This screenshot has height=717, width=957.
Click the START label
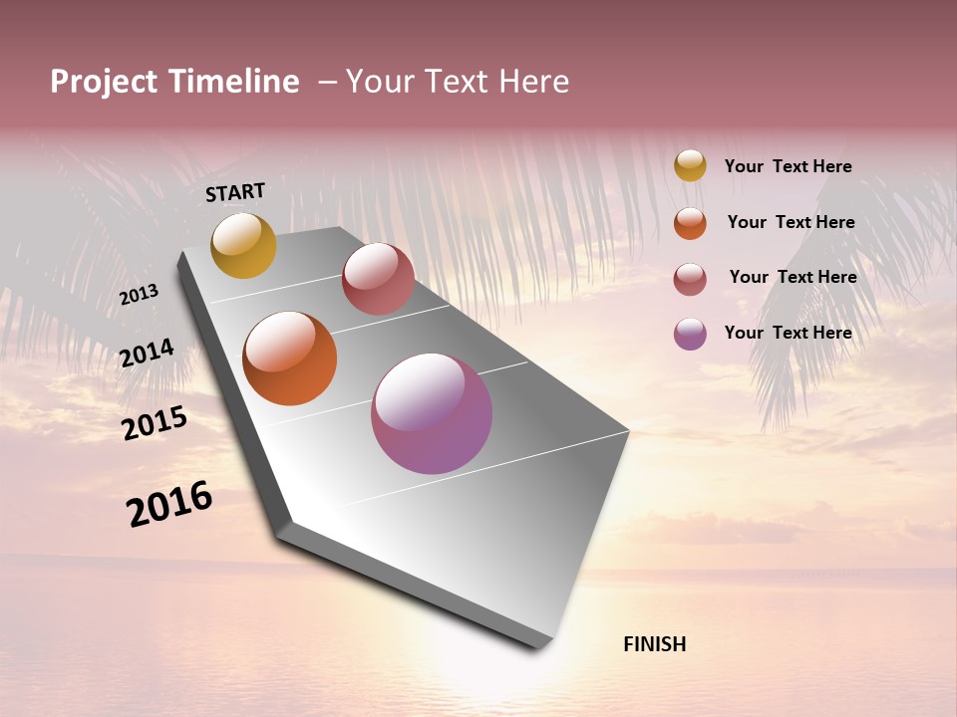[235, 192]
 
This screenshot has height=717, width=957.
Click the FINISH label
[655, 644]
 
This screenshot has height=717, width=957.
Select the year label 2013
[139, 295]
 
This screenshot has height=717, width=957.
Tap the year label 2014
[147, 354]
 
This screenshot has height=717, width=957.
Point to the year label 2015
[155, 423]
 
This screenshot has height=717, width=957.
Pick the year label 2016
[169, 504]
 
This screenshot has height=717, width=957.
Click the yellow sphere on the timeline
[243, 245]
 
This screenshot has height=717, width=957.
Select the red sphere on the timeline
[378, 279]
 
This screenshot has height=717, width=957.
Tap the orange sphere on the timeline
[290, 358]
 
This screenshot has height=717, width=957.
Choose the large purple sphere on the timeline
[432, 413]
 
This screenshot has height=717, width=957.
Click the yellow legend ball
[690, 165]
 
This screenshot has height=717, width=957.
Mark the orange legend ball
[690, 223]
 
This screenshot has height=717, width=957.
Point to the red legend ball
[690, 279]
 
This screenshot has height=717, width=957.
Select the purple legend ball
[690, 334]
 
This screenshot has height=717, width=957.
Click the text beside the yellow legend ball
[788, 166]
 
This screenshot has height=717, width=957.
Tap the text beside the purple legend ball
[788, 333]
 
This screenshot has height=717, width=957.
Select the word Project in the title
[103, 82]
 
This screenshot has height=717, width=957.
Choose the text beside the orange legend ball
[791, 222]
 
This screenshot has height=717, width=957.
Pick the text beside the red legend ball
[793, 277]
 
